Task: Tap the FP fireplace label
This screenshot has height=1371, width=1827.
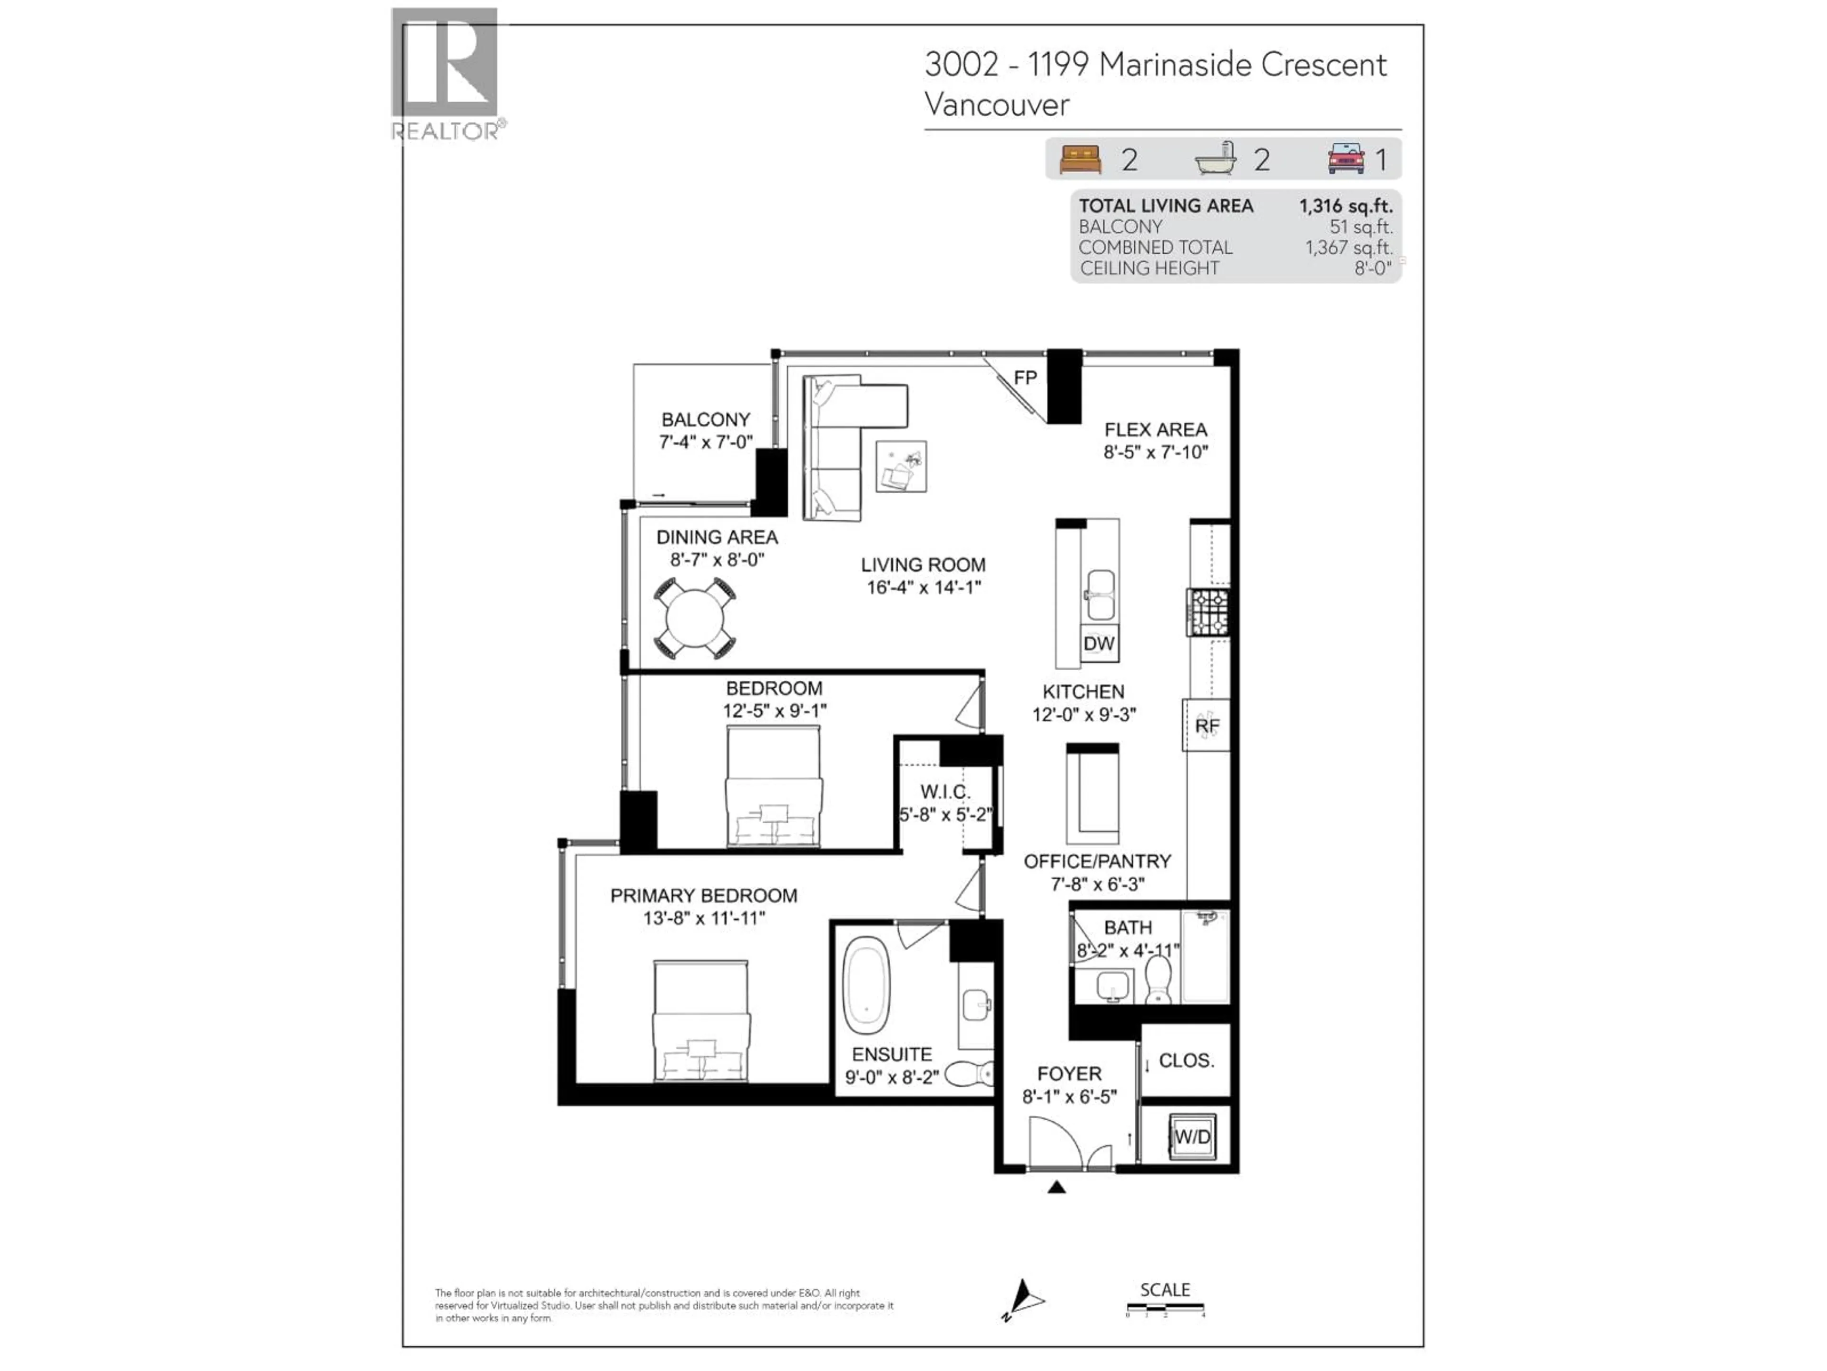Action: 1025,378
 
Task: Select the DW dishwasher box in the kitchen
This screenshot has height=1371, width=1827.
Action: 1099,644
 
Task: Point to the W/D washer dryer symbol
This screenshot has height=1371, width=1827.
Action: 1192,1137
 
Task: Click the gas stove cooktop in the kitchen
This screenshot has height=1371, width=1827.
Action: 1208,612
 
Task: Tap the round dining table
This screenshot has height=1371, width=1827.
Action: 696,618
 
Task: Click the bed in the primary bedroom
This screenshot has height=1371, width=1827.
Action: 701,1022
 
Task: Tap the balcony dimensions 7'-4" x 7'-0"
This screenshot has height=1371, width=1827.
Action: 706,442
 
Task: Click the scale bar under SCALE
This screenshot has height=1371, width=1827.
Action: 1165,1307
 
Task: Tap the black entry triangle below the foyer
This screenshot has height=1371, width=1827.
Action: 1056,1188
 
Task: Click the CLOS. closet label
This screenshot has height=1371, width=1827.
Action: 1186,1060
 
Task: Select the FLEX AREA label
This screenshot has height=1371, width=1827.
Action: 1156,430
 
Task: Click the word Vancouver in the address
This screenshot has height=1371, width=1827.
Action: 996,105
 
